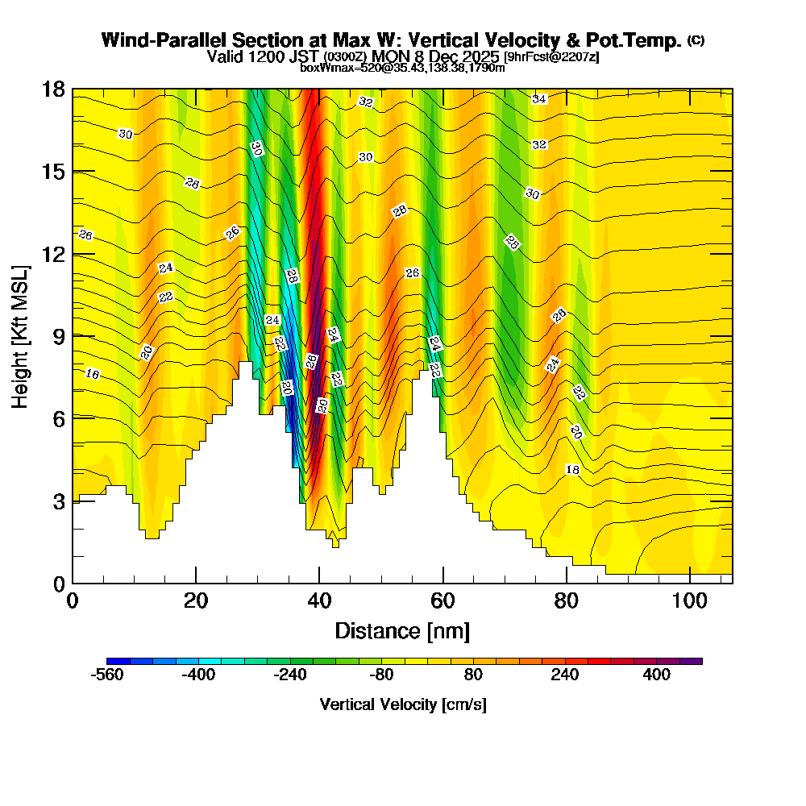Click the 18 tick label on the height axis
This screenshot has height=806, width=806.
tap(53, 89)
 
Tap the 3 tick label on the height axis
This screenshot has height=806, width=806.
tap(59, 501)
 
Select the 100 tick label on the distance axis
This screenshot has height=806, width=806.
tap(690, 601)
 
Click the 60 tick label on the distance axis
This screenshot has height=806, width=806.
tap(443, 601)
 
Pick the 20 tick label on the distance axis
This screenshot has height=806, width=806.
tap(196, 601)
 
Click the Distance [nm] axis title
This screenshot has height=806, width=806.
tap(402, 630)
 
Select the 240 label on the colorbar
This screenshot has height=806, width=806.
tap(565, 675)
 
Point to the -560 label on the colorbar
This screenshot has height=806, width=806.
tap(107, 675)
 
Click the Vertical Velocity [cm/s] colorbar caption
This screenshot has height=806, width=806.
tap(403, 704)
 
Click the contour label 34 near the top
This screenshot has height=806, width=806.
tap(539, 98)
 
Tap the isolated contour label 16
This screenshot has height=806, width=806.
tap(92, 374)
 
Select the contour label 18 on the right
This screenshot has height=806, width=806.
tap(573, 469)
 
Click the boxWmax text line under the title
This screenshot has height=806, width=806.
tap(402, 68)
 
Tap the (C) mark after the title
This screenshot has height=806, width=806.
tap(696, 40)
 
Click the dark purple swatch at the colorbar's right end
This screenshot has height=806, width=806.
tap(691, 661)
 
